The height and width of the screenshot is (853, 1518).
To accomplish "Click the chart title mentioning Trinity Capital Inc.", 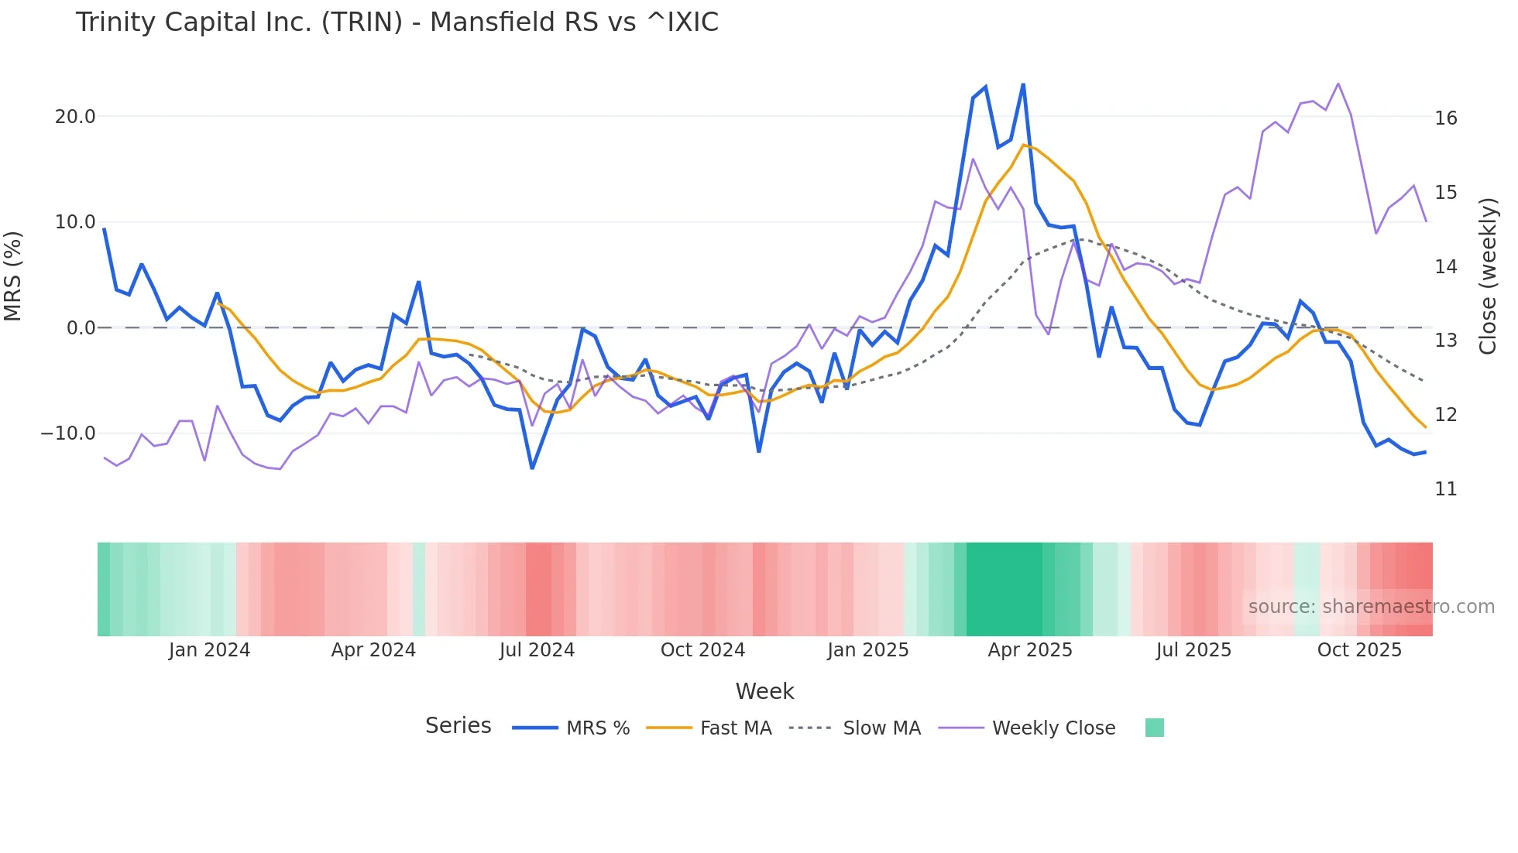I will (397, 22).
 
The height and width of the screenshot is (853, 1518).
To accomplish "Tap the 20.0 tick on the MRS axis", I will (75, 117).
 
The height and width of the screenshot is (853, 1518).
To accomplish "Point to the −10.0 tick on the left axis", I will (68, 433).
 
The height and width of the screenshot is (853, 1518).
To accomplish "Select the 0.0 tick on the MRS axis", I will (81, 328).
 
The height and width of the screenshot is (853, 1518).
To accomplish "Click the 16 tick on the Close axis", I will (1445, 118).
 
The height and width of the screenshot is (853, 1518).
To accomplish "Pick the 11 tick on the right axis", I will (1445, 489).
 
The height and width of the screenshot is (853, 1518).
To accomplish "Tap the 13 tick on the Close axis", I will (1445, 341).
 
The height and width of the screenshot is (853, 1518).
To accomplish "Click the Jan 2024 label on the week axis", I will (209, 650).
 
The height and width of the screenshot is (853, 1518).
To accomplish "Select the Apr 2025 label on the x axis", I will (1029, 650).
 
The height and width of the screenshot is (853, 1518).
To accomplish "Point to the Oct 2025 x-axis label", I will (1359, 650).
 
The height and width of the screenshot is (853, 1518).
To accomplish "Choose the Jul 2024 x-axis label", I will (537, 650).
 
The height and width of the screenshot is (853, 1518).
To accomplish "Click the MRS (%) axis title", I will (13, 276).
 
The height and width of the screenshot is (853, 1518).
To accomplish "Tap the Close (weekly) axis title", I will (1488, 276).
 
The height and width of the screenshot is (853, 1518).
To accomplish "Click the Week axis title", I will (764, 691).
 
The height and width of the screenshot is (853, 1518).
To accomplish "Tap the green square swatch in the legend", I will (1154, 728).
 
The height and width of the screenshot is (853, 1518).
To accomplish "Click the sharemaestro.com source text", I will (1371, 607).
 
